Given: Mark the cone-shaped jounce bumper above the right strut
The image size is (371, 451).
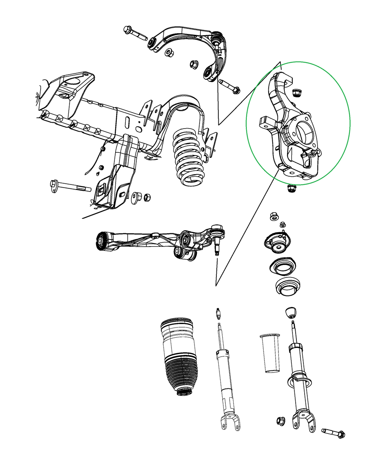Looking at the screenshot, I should coord(290,313).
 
